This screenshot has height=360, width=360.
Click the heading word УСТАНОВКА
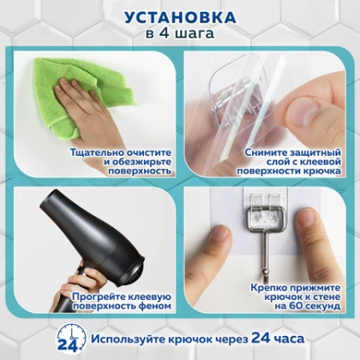180,17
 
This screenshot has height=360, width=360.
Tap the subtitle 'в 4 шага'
180,34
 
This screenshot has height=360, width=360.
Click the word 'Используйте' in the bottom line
124,339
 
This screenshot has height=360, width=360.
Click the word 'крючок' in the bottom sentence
185,340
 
